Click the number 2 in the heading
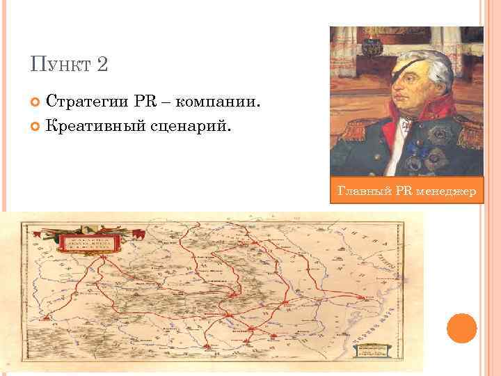pos(102,65)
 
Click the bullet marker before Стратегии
pos(36,103)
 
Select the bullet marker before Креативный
pos(36,127)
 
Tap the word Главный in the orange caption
pos(360,190)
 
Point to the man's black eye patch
pos(415,74)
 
